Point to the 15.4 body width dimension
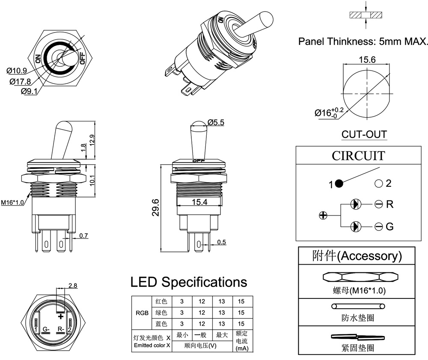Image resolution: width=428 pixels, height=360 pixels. [x=199, y=201]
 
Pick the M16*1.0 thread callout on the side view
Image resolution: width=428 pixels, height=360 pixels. [x=12, y=202]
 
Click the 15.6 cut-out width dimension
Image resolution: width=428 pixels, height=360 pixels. [x=367, y=60]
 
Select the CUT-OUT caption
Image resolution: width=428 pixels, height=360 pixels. [x=364, y=134]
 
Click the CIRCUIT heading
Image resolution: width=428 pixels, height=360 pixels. [x=358, y=156]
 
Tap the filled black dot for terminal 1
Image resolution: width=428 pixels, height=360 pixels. [x=339, y=184]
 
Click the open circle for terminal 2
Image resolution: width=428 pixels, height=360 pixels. [x=378, y=184]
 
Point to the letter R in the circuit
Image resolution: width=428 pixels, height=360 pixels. [x=389, y=204]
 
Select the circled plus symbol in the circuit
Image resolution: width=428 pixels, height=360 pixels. [x=323, y=215]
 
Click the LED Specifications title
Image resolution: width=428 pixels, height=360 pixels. [x=189, y=282]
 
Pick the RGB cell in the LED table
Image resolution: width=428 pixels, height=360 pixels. [x=142, y=313]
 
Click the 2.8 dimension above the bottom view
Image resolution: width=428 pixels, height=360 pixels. [x=73, y=285]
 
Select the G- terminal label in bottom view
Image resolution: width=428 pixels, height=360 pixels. [x=47, y=329]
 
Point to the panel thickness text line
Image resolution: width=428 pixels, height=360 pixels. [x=363, y=41]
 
